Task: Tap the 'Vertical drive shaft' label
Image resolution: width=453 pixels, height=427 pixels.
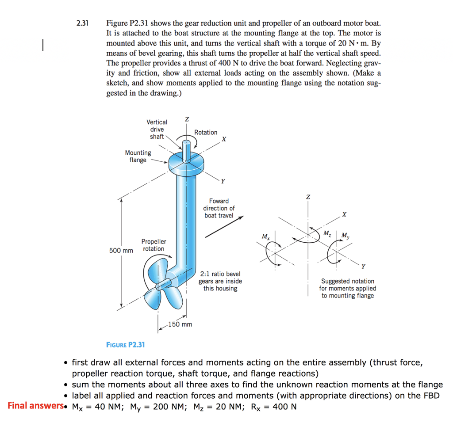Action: tap(157, 129)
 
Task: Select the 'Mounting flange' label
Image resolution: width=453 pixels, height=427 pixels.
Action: tap(138, 156)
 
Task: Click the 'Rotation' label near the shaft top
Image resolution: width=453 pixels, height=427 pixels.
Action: tap(206, 132)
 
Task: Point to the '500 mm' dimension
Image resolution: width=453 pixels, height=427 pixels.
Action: tap(121, 251)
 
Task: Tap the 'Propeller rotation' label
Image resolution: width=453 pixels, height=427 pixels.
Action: tap(154, 245)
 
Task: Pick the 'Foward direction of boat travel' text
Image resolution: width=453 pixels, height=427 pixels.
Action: tap(219, 208)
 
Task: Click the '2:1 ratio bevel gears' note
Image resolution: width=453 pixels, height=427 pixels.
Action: tap(220, 281)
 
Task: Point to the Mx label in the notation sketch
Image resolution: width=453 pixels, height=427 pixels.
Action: tap(265, 236)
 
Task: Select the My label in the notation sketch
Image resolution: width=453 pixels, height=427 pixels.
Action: tap(344, 235)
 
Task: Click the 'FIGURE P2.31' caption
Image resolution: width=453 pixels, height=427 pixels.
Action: tap(126, 344)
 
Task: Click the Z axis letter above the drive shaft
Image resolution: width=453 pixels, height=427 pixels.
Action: tap(187, 119)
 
